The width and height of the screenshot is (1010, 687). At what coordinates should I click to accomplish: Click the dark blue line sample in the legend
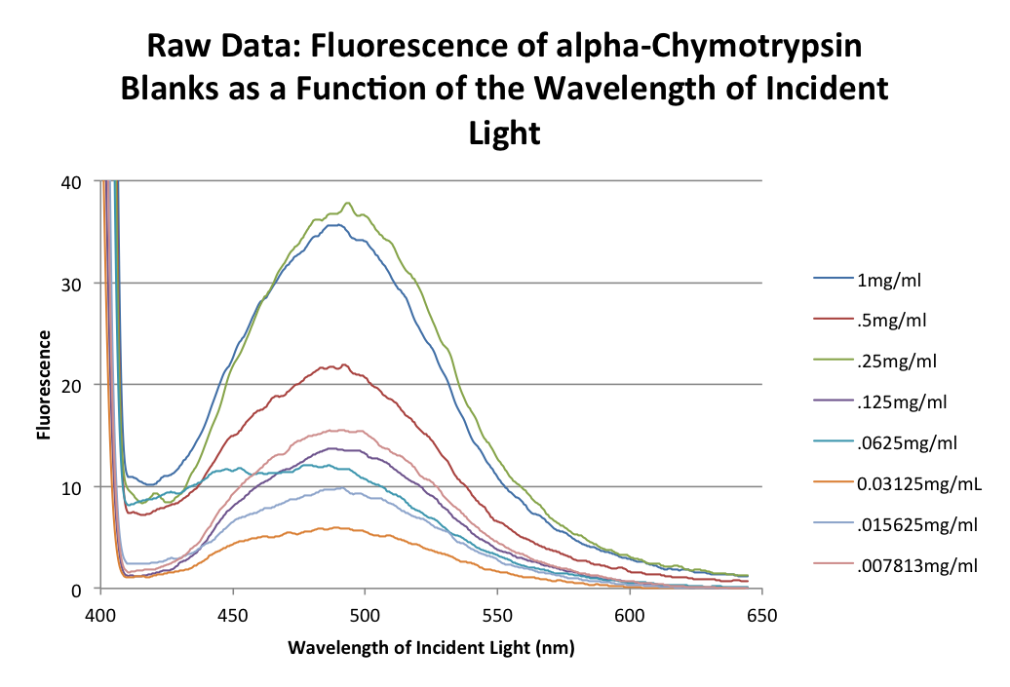834,278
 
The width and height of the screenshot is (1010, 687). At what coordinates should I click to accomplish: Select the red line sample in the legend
834,318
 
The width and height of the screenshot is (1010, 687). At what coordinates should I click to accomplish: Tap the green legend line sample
834,359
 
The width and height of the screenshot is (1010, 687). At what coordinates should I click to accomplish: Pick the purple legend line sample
834,400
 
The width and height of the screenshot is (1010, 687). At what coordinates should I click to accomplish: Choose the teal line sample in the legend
834,440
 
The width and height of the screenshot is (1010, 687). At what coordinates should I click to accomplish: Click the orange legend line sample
834,481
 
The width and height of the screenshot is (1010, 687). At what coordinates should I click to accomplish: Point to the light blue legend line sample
834,522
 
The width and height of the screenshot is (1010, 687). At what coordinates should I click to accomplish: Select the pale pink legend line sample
834,562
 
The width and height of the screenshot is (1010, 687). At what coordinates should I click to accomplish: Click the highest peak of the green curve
348,203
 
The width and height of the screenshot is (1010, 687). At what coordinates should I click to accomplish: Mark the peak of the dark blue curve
336,224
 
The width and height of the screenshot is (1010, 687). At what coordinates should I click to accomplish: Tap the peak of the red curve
344,364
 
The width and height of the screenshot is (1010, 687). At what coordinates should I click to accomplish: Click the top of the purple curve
336,448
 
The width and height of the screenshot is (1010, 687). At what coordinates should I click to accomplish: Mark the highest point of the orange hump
336,527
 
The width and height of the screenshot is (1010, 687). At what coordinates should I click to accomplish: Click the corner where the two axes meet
100,589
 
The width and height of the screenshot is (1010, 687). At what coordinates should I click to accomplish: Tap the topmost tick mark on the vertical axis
97,180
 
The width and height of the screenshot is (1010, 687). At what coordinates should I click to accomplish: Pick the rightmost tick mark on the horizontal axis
761,591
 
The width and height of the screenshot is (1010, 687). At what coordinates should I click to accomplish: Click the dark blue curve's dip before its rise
151,484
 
